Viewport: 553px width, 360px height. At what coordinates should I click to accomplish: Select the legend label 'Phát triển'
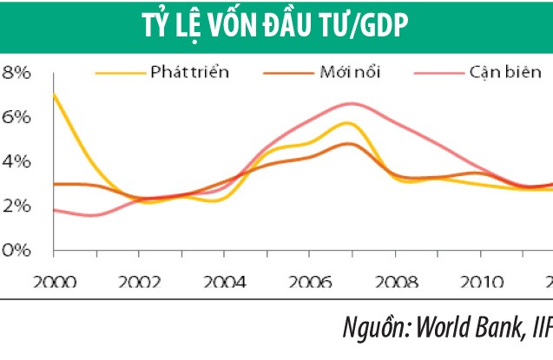(188, 71)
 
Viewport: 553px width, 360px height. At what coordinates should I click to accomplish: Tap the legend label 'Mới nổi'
(350, 71)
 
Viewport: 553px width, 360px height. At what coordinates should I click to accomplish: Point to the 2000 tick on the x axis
(54, 283)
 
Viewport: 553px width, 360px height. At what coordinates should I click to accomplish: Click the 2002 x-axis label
(138, 283)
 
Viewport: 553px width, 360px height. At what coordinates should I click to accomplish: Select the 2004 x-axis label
(223, 283)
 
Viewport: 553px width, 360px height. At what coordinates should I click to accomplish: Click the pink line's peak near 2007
(347, 103)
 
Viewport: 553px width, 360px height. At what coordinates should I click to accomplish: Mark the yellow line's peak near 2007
(347, 123)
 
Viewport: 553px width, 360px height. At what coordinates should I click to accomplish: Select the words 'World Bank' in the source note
(467, 329)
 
